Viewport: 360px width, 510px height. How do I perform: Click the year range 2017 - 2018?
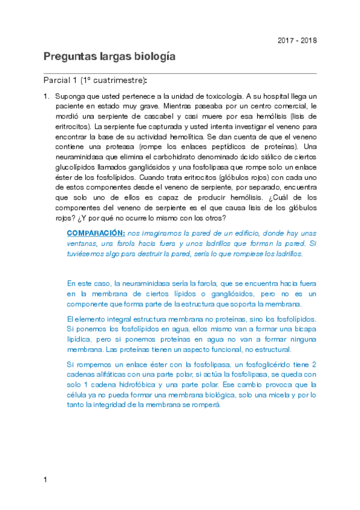[x=297, y=40]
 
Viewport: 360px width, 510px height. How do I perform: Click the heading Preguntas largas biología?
[x=109, y=57]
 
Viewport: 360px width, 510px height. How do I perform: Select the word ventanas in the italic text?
[x=83, y=243]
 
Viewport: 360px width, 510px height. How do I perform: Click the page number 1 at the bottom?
[x=45, y=479]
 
